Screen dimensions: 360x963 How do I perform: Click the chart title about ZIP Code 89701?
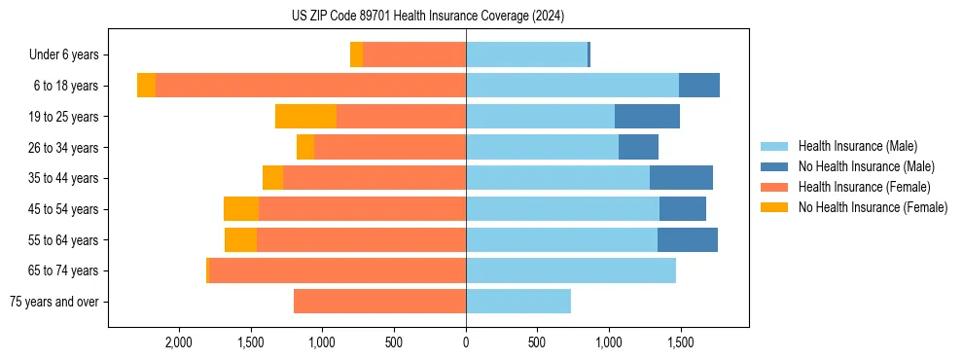[x=427, y=17]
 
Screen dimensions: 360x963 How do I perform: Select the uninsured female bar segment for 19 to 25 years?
[x=305, y=117]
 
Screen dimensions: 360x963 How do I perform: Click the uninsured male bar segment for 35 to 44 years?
[x=681, y=178]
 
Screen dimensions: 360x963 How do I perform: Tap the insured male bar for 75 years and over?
[x=518, y=302]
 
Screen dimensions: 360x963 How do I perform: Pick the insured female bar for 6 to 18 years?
[x=310, y=86]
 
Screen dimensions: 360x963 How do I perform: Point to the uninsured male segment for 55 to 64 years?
[x=688, y=240]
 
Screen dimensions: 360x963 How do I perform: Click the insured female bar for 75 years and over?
[x=379, y=302]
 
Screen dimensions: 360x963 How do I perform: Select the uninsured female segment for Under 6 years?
[x=356, y=55]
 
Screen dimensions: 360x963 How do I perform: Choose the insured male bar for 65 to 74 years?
[x=571, y=270]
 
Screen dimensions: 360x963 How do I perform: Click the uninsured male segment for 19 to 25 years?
[x=647, y=117]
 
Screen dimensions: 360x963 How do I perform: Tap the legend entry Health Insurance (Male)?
[x=857, y=146]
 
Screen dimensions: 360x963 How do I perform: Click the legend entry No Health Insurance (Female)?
[x=873, y=207]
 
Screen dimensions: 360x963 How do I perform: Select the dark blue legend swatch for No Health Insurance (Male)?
[x=774, y=166]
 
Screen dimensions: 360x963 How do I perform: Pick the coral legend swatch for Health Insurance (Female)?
[x=774, y=187]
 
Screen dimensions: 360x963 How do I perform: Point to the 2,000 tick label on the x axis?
[x=179, y=343]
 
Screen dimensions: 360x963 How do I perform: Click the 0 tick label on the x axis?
[x=466, y=343]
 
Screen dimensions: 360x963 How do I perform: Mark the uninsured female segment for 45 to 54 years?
[x=241, y=209]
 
